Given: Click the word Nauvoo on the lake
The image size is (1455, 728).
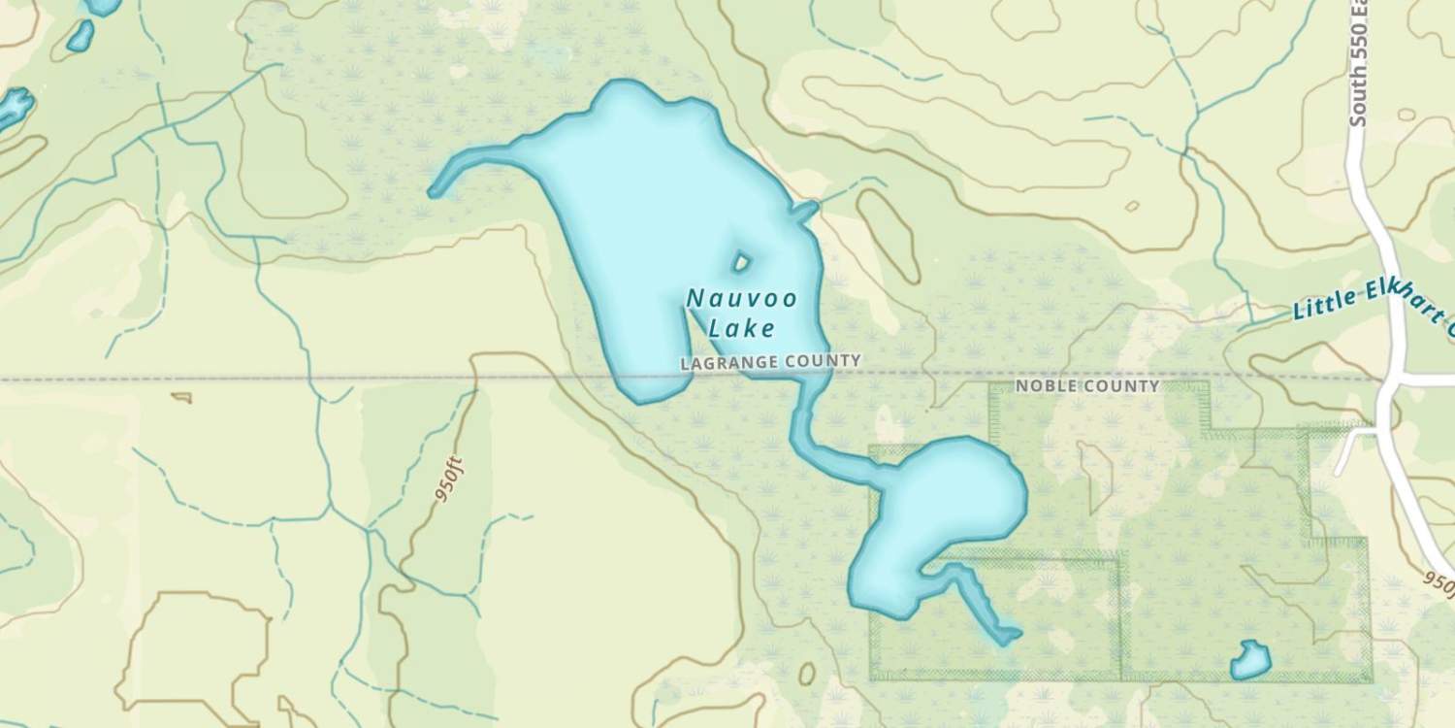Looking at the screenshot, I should tap(741, 299).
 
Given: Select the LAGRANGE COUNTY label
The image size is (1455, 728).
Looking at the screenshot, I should tap(770, 362).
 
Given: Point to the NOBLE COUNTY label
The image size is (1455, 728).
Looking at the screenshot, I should tap(1086, 386).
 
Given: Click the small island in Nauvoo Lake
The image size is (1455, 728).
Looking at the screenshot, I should tap(742, 261).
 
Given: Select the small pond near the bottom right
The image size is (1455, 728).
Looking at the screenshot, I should tap(1250, 661).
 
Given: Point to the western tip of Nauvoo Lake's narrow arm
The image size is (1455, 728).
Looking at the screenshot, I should tap(435, 191).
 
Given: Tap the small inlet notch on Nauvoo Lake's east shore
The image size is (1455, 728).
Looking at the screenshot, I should tap(804, 209).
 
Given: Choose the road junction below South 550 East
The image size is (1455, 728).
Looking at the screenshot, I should tap(1389, 380).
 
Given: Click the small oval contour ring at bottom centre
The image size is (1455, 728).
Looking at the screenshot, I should tap(806, 674).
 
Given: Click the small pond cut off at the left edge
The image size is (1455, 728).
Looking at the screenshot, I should tap(14, 106).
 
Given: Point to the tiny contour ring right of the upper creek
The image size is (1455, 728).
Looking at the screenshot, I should tap(1130, 206).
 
